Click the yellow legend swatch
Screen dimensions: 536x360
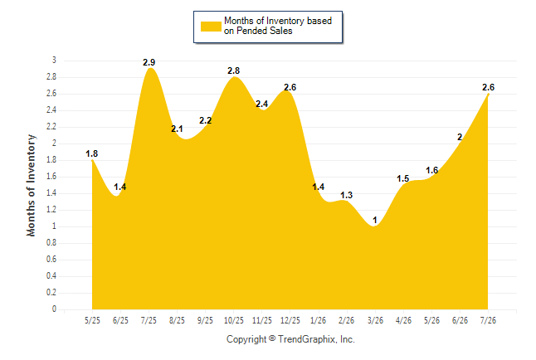click(x=211, y=27)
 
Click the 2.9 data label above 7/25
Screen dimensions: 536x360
click(x=149, y=62)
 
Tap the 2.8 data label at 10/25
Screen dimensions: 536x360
click(x=233, y=71)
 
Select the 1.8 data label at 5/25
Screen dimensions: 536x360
click(x=91, y=153)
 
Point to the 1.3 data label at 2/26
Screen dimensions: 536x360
click(x=346, y=195)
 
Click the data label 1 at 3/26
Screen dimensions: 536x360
click(x=375, y=220)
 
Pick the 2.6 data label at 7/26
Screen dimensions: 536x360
click(x=488, y=88)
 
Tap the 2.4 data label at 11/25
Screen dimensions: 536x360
click(x=262, y=104)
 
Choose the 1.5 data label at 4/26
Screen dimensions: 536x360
click(x=402, y=178)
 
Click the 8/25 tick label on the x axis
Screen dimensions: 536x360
click(x=177, y=320)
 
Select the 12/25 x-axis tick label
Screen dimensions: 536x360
click(x=290, y=320)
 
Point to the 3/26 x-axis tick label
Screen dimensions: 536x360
click(x=375, y=320)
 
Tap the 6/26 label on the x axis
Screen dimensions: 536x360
click(x=460, y=320)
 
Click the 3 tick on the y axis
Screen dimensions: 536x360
click(x=54, y=61)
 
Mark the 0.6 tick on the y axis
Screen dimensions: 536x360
click(x=51, y=260)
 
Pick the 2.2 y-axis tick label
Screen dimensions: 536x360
click(x=51, y=127)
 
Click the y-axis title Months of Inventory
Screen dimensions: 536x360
click(x=31, y=185)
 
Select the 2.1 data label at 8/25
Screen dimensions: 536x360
click(x=177, y=129)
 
